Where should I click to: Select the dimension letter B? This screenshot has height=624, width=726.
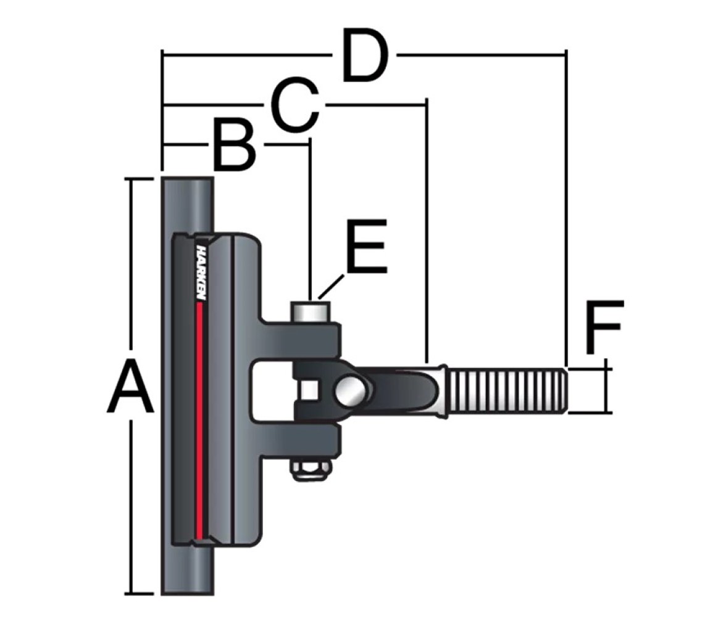click(235, 145)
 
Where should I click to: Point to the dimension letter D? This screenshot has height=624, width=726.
click(364, 55)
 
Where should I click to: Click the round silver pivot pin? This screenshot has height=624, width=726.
click(351, 390)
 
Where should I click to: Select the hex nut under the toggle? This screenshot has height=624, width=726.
click(311, 471)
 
